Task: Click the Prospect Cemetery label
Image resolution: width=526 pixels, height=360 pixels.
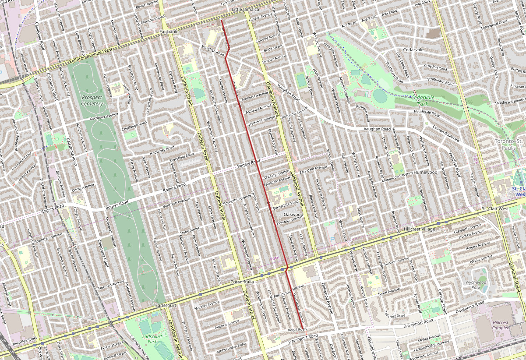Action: coord(92,100)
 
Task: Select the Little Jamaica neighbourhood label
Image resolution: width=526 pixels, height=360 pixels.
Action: coord(245,9)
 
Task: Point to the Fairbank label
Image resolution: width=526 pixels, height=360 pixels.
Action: coord(169,32)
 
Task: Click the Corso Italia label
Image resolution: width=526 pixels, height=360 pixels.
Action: coord(242,282)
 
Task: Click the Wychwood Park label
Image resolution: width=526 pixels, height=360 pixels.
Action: coord(476,285)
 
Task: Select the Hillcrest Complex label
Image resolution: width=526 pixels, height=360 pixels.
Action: coord(500,325)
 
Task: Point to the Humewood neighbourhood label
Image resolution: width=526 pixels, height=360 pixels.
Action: coord(426,173)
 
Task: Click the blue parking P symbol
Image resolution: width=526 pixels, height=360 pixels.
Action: coord(332,240)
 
